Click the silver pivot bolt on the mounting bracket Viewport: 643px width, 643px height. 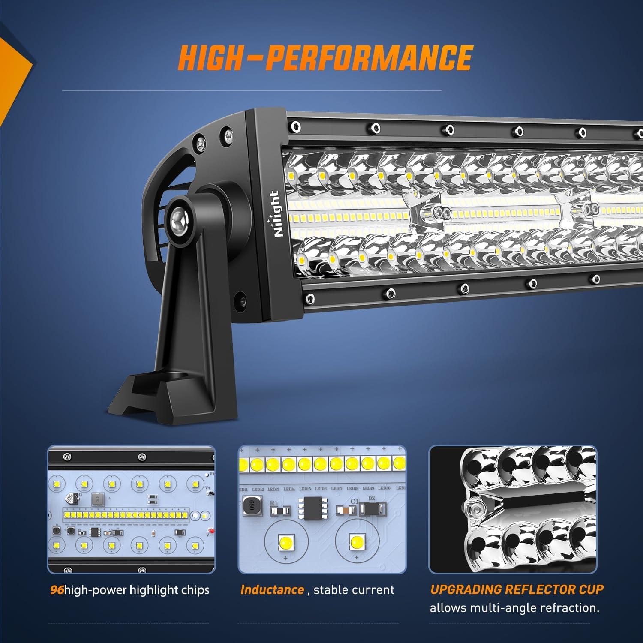177,220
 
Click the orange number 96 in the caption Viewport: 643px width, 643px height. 56,590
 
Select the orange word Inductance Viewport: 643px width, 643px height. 272,590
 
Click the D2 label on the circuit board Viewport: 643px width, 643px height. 371,498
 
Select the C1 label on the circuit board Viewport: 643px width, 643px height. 354,501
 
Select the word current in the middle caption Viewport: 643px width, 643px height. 373,590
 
